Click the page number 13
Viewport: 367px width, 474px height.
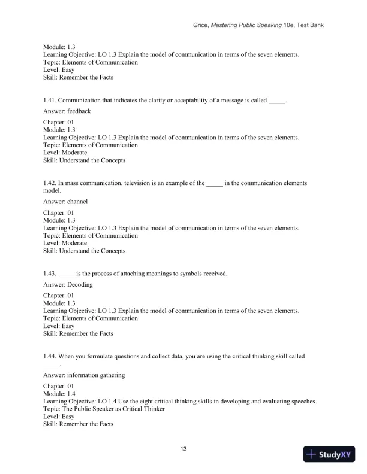pos(183,449)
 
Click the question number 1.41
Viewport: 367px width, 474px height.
pos(50,101)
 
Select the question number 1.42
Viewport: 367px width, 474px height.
pos(50,183)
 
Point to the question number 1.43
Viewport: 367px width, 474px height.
pos(50,274)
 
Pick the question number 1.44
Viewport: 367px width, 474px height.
pos(50,356)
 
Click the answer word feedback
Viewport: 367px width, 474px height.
pos(80,111)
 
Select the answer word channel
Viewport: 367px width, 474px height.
pos(77,202)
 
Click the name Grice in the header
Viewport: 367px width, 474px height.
pos(201,25)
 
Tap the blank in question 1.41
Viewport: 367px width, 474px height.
pos(277,101)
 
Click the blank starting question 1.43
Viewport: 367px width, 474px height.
pos(66,274)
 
